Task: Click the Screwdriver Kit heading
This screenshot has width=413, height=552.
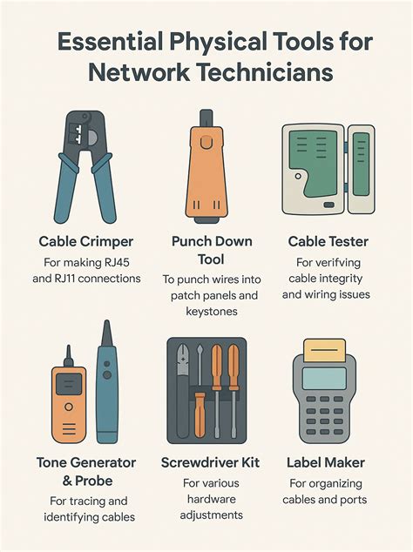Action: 206,462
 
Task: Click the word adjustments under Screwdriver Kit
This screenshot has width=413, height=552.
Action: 206,515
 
